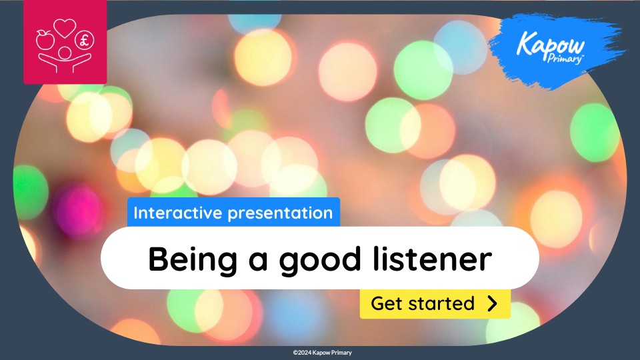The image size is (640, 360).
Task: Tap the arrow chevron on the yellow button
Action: [492, 304]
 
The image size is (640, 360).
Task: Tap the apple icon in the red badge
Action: [46, 38]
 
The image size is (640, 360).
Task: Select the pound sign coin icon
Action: [84, 40]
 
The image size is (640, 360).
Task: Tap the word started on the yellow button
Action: [443, 304]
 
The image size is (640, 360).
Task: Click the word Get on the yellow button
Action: [385, 304]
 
